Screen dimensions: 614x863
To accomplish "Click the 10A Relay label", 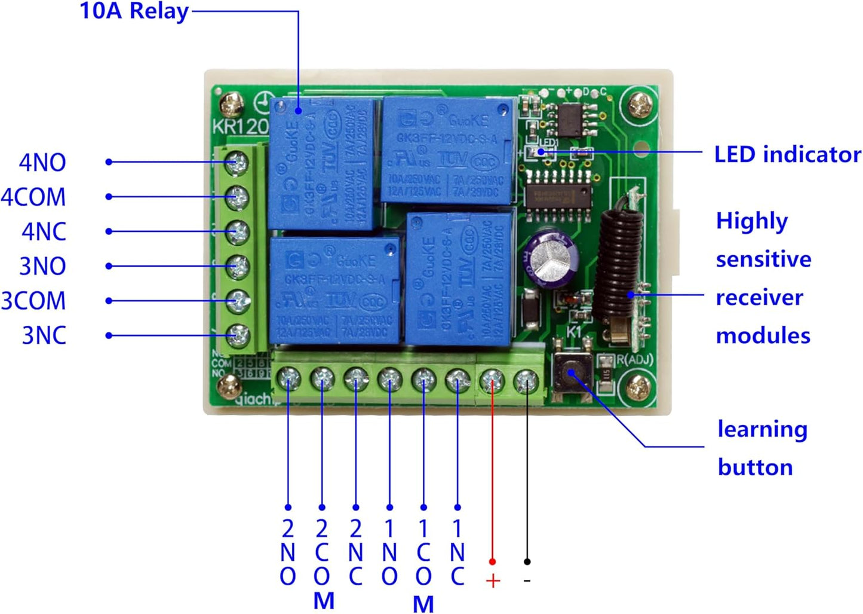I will (134, 11).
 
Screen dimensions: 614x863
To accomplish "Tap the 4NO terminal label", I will (42, 163).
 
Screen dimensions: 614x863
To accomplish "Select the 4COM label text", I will (33, 197).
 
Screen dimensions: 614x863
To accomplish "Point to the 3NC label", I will (44, 335).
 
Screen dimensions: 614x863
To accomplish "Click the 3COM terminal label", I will (33, 301).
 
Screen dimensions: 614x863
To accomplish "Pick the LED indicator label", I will (787, 154).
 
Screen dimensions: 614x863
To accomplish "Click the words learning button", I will (762, 448).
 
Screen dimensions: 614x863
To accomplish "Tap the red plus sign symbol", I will (493, 581).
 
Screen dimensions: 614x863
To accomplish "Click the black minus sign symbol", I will (527, 580).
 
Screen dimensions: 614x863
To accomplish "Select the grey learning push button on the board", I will (572, 372).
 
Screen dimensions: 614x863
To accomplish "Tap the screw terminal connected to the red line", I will (492, 379).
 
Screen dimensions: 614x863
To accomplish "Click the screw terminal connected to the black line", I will (526, 380).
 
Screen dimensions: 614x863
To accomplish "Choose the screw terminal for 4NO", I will (237, 162).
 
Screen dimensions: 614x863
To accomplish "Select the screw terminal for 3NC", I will (238, 335).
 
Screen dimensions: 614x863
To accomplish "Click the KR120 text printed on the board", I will (241, 126).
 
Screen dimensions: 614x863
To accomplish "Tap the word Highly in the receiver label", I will (751, 221).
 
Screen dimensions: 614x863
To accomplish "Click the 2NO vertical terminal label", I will (288, 552).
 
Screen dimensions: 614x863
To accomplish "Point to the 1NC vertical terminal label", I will (457, 552).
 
